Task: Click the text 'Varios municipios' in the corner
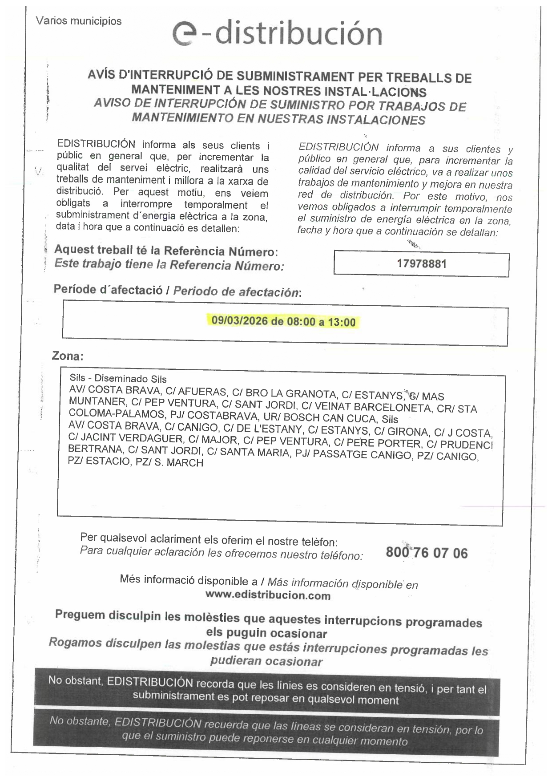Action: pyautogui.click(x=79, y=21)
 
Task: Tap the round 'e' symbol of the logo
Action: pyautogui.click(x=185, y=35)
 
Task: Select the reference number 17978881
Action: pyautogui.click(x=421, y=264)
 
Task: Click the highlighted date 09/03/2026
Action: pyautogui.click(x=240, y=320)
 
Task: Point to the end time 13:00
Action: pyautogui.click(x=342, y=322)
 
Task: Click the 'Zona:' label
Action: pyautogui.click(x=68, y=356)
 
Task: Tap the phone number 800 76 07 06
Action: pyautogui.click(x=427, y=553)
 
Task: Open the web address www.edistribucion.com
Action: pyautogui.click(x=268, y=595)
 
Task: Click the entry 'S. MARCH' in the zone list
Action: pyautogui.click(x=179, y=463)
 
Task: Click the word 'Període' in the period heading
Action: pyautogui.click(x=74, y=289)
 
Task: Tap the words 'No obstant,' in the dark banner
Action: pyautogui.click(x=76, y=680)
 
